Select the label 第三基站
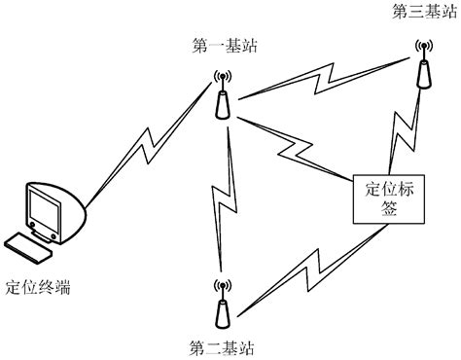(x=422, y=12)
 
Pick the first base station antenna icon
(x=223, y=97)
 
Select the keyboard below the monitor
(x=30, y=247)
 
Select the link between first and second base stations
(x=225, y=199)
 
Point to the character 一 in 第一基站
(x=216, y=45)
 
